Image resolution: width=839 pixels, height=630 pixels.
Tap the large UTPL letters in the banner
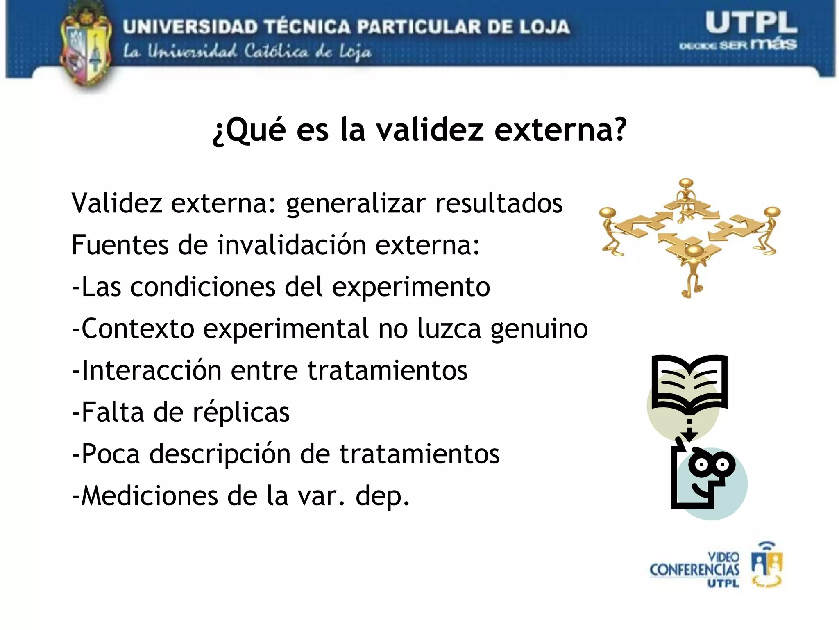click(x=751, y=23)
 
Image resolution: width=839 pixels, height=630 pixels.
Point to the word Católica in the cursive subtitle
click(x=276, y=52)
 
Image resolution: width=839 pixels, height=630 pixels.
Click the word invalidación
click(x=291, y=245)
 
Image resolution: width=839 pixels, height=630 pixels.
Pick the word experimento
click(x=411, y=287)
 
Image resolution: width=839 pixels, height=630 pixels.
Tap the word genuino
click(x=539, y=329)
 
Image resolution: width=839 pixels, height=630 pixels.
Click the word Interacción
click(x=151, y=370)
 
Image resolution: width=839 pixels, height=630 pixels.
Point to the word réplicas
click(x=241, y=412)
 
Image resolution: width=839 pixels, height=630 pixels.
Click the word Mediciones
click(x=149, y=496)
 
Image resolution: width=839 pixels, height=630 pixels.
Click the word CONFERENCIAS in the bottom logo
click(x=694, y=570)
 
